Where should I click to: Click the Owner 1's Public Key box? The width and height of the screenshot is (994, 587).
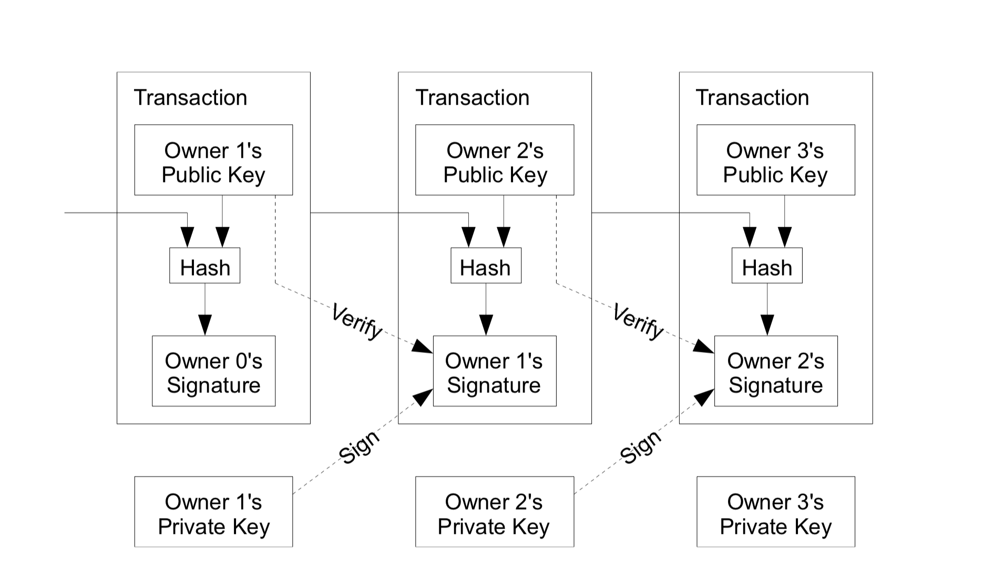[x=213, y=160]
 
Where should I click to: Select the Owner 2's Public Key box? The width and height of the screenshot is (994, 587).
[x=495, y=160]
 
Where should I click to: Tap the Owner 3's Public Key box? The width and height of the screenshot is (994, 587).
[x=776, y=160]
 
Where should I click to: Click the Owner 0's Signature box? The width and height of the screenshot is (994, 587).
[x=213, y=371]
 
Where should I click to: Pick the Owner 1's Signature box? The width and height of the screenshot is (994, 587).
[x=495, y=371]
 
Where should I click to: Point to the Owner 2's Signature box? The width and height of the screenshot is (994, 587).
[x=776, y=371]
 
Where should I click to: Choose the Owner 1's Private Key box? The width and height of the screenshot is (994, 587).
[x=213, y=512]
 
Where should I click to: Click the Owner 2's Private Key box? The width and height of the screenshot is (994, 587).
[x=495, y=512]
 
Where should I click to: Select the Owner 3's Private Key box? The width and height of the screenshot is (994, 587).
[x=776, y=512]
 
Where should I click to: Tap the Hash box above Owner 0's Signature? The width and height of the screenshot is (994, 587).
[x=205, y=266]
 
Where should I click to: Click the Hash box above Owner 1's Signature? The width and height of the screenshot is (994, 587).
[x=486, y=266]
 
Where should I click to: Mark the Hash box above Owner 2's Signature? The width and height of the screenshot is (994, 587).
[x=767, y=266]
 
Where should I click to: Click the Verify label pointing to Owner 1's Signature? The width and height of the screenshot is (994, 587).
[x=357, y=321]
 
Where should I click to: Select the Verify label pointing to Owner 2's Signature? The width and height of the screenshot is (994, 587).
[x=638, y=321]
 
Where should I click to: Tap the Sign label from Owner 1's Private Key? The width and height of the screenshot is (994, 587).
[x=358, y=447]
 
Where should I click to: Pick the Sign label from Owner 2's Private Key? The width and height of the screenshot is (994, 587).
[x=640, y=447]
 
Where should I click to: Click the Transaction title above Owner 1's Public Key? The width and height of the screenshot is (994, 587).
[x=190, y=98]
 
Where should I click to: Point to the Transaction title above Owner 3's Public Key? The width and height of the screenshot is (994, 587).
[x=752, y=98]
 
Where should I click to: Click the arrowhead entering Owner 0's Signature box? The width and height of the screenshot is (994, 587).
[x=205, y=325]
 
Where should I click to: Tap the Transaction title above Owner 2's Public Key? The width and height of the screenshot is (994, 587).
[x=472, y=98]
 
